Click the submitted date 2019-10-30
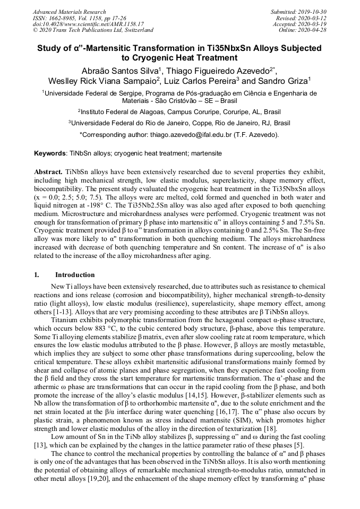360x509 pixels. (314, 12)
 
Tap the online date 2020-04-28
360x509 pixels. (314, 30)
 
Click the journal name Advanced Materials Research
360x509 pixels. (69, 12)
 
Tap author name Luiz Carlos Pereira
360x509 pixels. (199, 81)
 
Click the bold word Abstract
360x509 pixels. (48, 173)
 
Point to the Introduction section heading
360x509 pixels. (75, 275)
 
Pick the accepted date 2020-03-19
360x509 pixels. (314, 24)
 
